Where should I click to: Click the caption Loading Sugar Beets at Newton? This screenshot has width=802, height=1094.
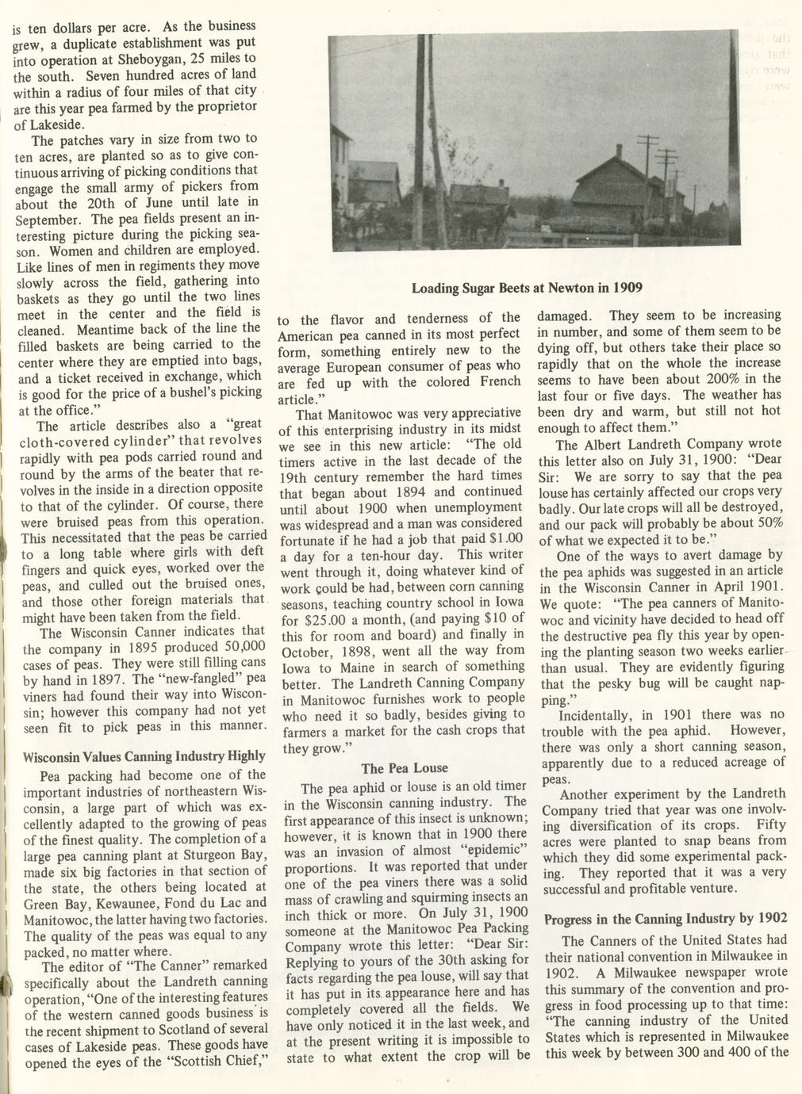coord(527,287)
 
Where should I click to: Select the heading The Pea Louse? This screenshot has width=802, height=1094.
coord(405,768)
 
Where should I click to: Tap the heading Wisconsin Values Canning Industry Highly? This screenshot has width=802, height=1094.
coord(144,755)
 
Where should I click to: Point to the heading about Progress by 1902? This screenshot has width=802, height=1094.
coord(666,919)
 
